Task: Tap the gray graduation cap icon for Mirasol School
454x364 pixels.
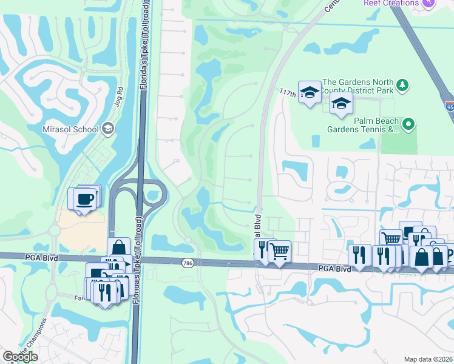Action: pyautogui.click(x=108, y=127)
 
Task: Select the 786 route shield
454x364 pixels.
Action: pyautogui.click(x=188, y=262)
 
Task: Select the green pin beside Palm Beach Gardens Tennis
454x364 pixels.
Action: pyautogui.click(x=408, y=125)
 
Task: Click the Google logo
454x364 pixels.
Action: pyautogui.click(x=20, y=357)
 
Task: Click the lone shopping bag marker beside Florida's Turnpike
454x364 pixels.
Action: pyautogui.click(x=118, y=248)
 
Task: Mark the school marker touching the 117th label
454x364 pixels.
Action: pyautogui.click(x=310, y=93)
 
